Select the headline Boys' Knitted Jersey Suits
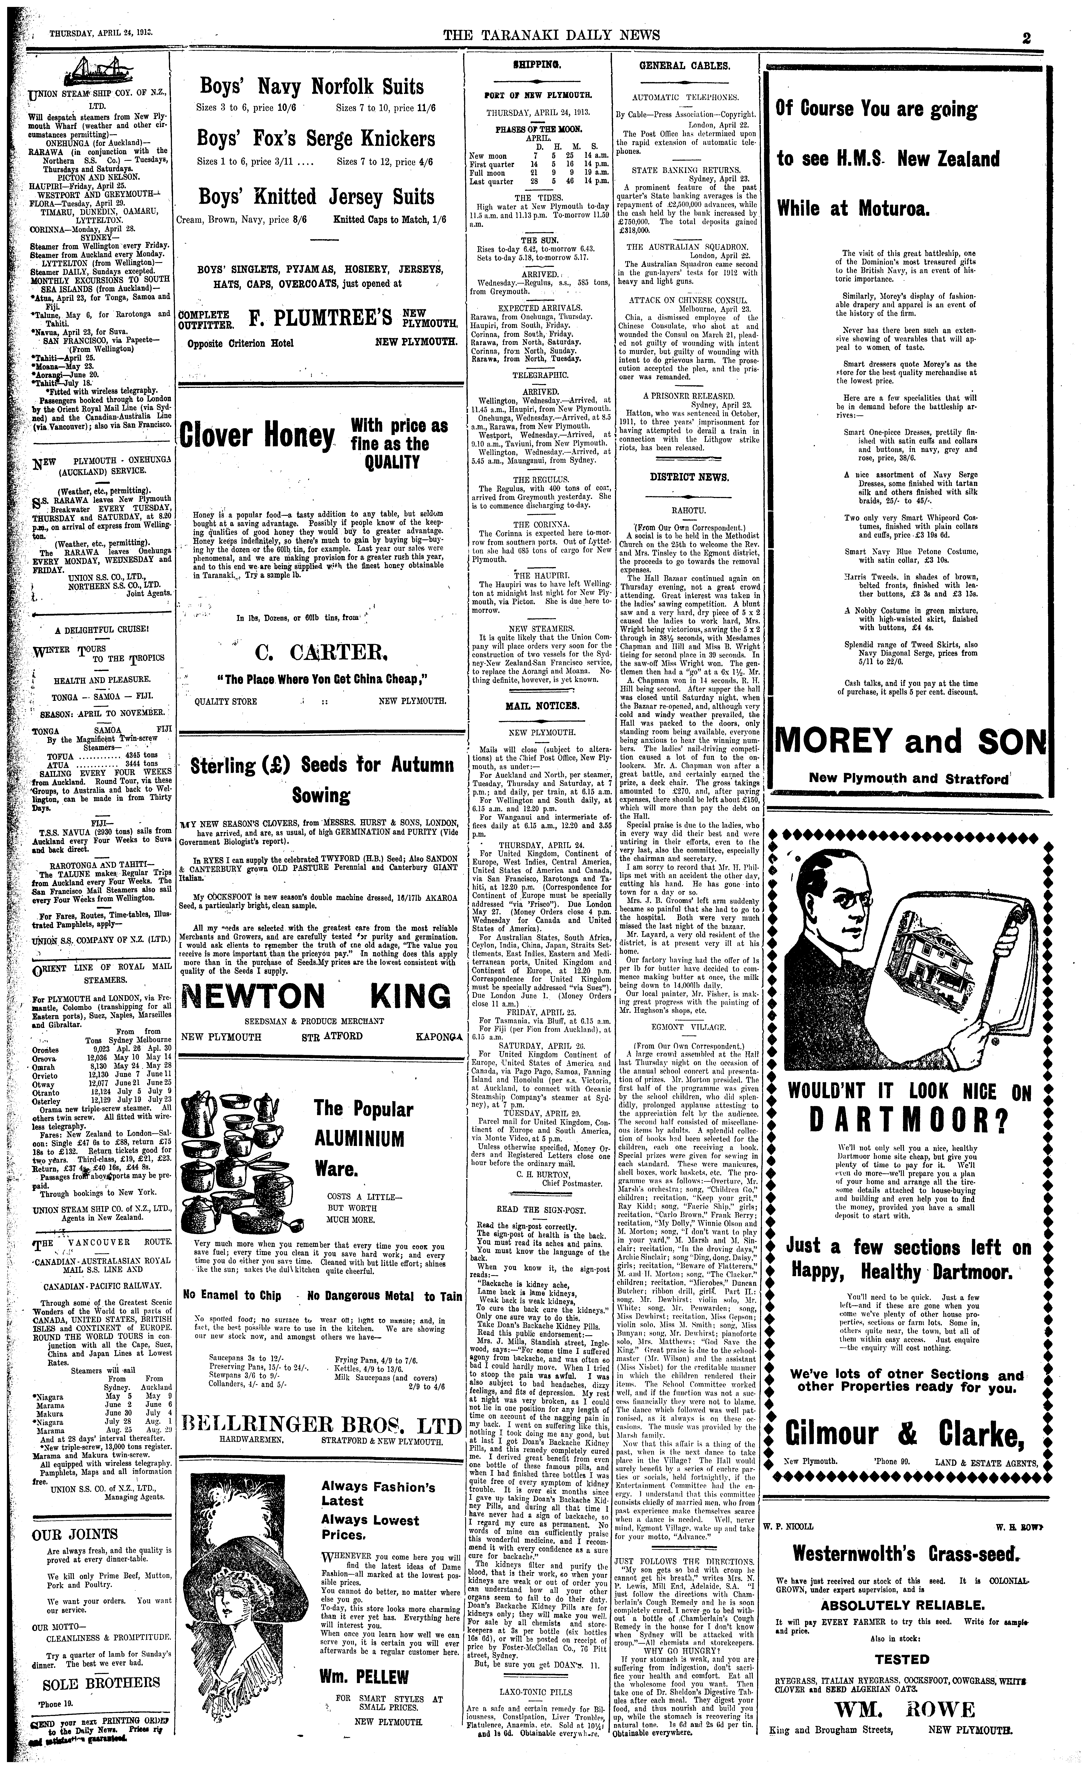(x=317, y=196)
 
